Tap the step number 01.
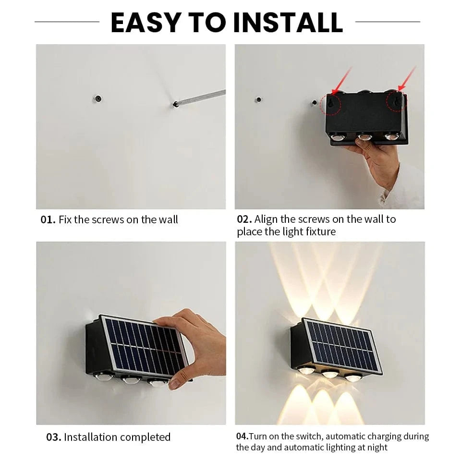[48, 220]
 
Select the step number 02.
[244, 219]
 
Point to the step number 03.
[53, 437]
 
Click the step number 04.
[242, 437]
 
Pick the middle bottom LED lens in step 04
[329, 374]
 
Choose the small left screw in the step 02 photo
[258, 100]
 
